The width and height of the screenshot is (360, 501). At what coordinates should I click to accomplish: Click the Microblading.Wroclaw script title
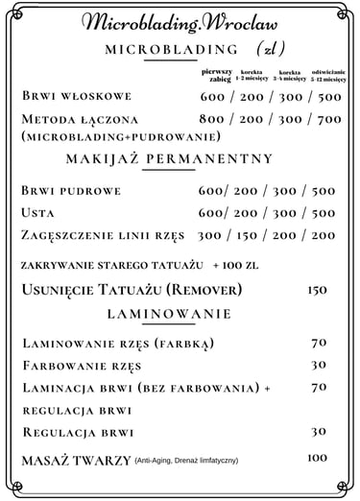[180, 23]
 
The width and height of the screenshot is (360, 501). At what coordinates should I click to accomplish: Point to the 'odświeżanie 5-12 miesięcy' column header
[327, 77]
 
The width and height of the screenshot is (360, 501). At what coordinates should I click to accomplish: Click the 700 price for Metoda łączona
[324, 119]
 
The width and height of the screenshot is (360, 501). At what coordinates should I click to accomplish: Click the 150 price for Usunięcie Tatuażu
[317, 289]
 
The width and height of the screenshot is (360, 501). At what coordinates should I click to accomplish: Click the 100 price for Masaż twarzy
[317, 458]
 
